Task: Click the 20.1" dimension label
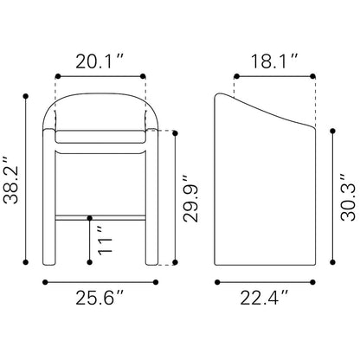point(100,61)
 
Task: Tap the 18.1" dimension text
point(274,61)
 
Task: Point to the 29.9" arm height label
point(190,198)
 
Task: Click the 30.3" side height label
point(348,197)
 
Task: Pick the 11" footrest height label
point(105,241)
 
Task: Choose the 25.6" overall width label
point(100,298)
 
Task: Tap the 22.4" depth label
point(265,298)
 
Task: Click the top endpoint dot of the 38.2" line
point(26,96)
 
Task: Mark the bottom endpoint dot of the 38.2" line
point(26,262)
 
